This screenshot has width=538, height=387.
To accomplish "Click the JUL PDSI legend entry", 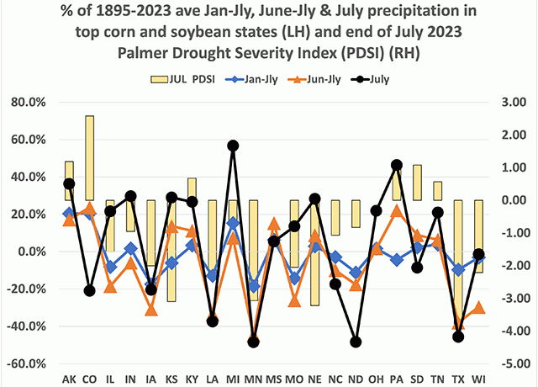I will (x=183, y=80).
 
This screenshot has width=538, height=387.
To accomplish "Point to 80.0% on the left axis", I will (x=32, y=102).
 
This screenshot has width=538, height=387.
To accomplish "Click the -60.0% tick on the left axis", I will (x=30, y=363).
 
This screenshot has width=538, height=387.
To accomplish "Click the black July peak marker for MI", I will (x=233, y=146).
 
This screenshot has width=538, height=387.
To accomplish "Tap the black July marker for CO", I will (x=89, y=291).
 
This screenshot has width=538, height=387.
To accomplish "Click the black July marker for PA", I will (x=397, y=165).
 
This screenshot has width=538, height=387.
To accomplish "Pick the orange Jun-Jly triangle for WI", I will (x=478, y=308).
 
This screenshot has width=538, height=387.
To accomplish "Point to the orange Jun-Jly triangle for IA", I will (x=150, y=310).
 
